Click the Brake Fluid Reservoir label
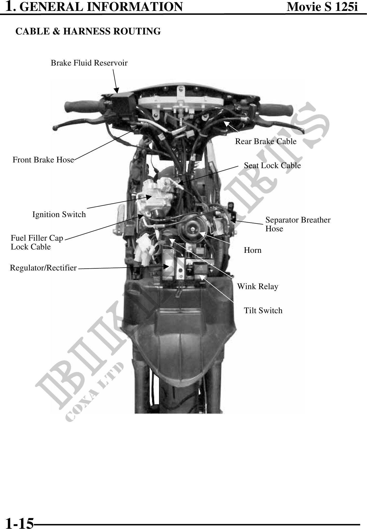click(89, 63)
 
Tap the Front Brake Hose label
click(43, 160)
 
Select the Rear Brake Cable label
click(266, 141)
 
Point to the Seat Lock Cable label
click(272, 166)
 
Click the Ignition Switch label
click(59, 215)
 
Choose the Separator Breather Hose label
click(298, 224)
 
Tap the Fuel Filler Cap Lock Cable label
click(37, 242)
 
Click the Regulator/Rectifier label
click(43, 268)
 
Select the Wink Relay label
click(258, 287)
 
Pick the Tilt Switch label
click(263, 311)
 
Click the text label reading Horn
click(253, 250)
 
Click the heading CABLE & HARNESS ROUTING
click(88, 31)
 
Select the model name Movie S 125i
click(322, 7)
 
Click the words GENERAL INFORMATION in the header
click(101, 7)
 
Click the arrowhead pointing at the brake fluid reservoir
click(117, 90)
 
